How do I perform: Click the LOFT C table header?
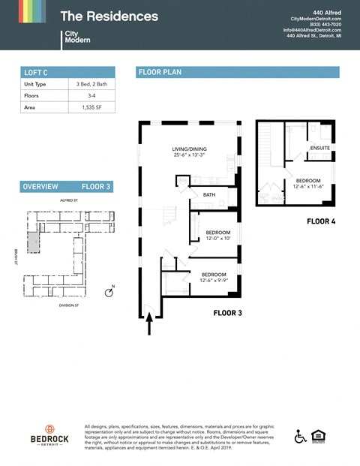click(x=36, y=72)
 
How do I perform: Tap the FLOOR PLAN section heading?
click(x=159, y=72)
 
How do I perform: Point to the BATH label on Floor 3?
click(x=209, y=195)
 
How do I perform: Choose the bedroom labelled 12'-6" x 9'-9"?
click(x=214, y=278)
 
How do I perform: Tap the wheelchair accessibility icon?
click(x=301, y=436)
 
